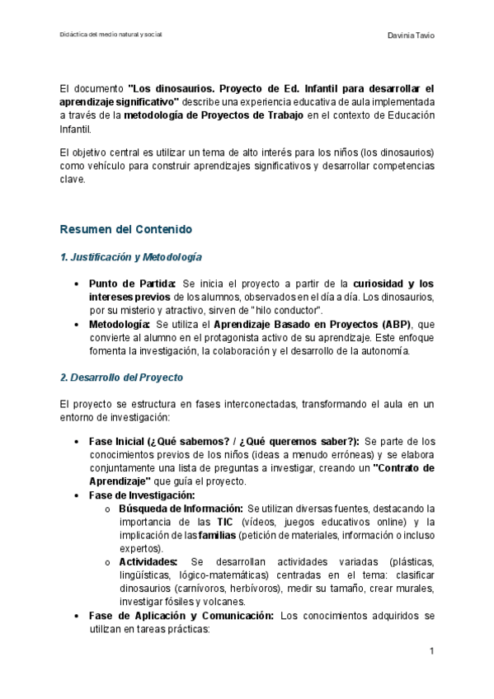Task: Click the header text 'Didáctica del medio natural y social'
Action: click(111, 35)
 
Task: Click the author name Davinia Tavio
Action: click(411, 35)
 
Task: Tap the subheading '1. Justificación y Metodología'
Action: click(132, 257)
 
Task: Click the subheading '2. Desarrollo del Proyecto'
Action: click(122, 377)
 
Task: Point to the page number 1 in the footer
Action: click(431, 652)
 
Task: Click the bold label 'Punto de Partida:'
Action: click(132, 284)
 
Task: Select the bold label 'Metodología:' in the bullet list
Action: click(120, 324)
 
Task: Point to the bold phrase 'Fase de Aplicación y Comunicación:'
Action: click(182, 615)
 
